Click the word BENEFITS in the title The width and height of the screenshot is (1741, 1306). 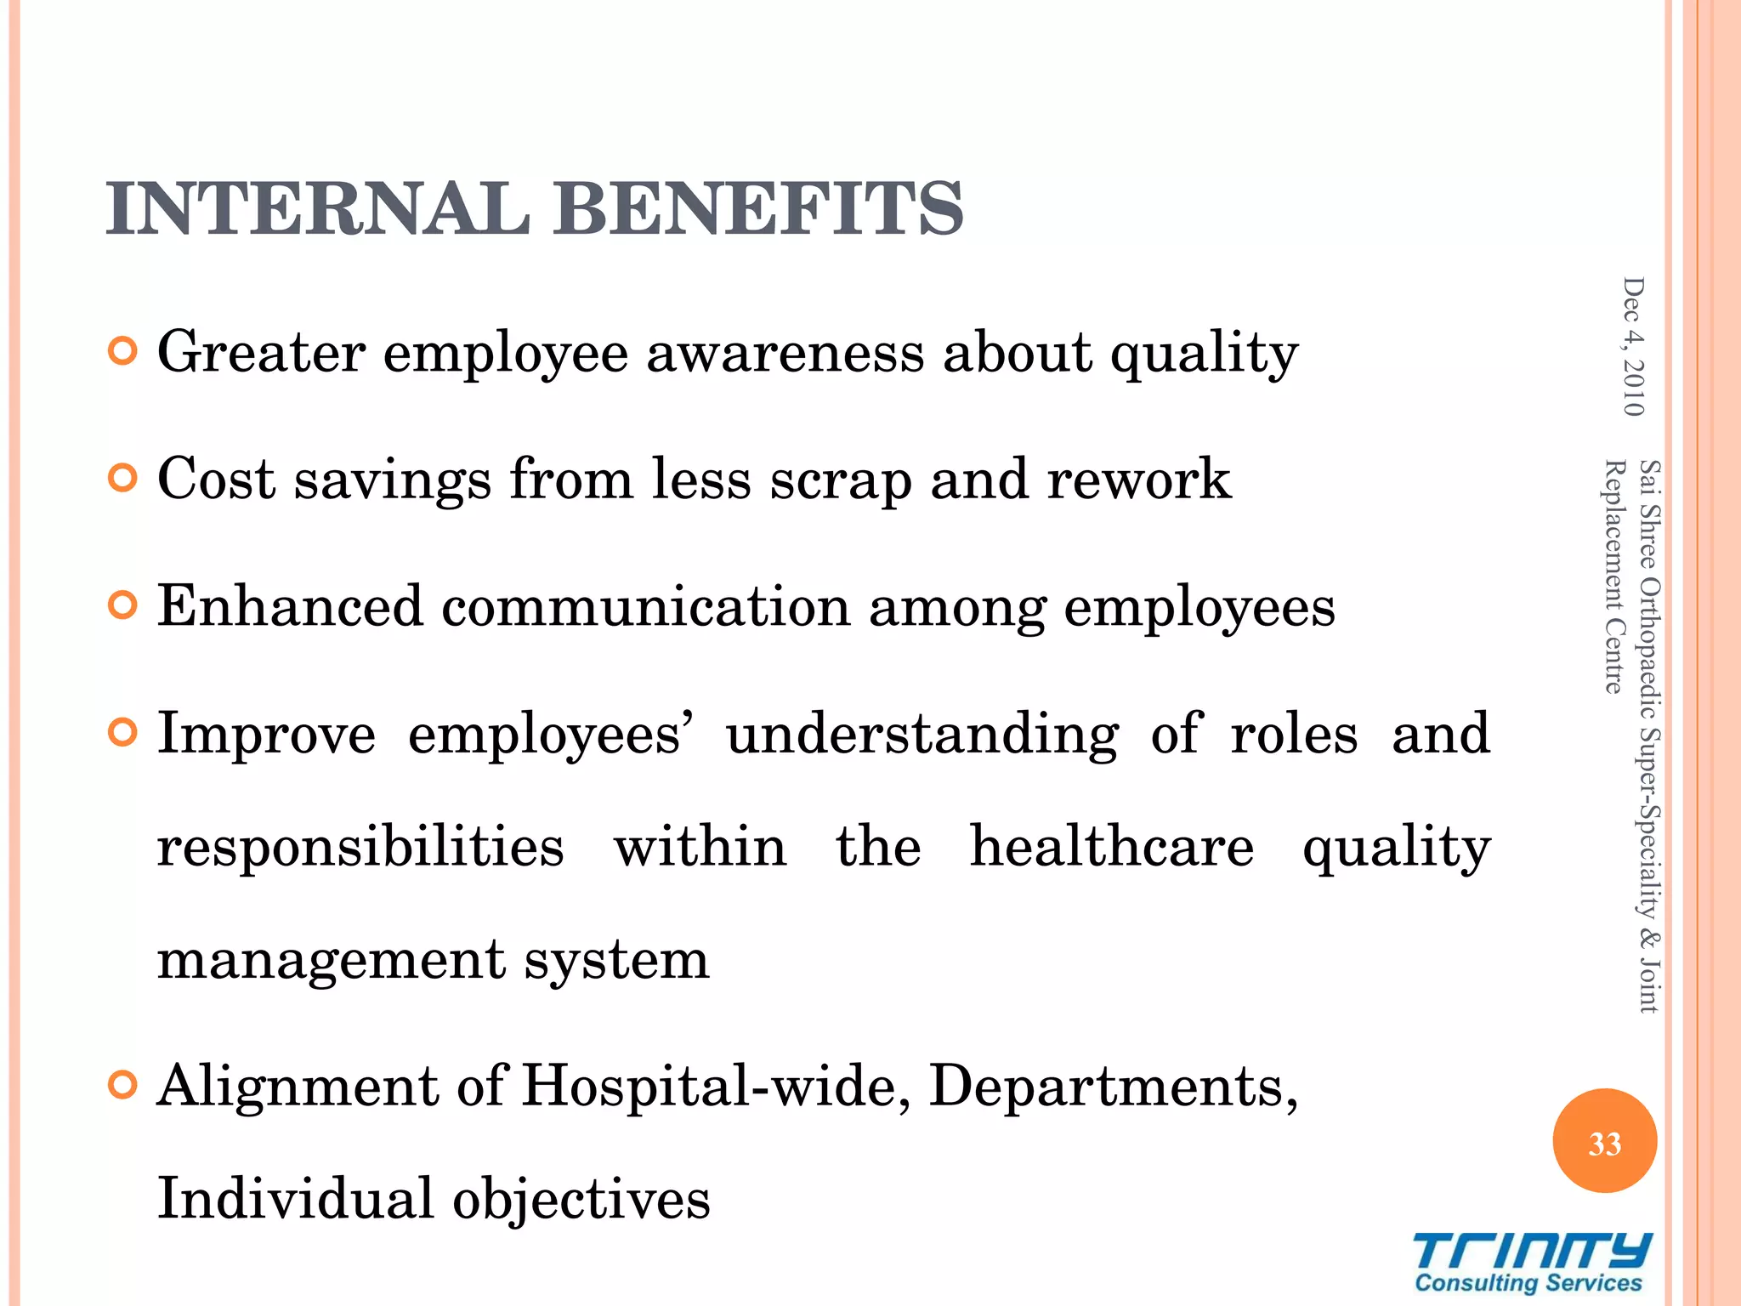pyautogui.click(x=758, y=209)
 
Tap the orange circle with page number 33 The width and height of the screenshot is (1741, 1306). pyautogui.click(x=1604, y=1142)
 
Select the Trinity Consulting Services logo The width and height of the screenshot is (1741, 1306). pyautogui.click(x=1529, y=1263)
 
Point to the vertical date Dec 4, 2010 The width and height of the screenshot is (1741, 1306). pyautogui.click(x=1633, y=347)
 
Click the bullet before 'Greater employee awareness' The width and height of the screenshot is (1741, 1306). pyautogui.click(x=123, y=351)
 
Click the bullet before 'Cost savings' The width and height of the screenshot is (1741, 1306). pyautogui.click(x=123, y=479)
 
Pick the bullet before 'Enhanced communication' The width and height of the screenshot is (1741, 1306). pyautogui.click(x=123, y=606)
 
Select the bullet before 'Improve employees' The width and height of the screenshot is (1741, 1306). pyautogui.click(x=123, y=733)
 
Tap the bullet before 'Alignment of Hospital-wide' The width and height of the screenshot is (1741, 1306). pyautogui.click(x=123, y=1086)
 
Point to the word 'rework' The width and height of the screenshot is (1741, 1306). pyautogui.click(x=1138, y=480)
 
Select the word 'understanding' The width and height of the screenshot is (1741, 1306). pyautogui.click(x=922, y=735)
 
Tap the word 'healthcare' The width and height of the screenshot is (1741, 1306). pyautogui.click(x=1111, y=847)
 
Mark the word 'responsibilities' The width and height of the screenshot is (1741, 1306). pyautogui.click(x=360, y=849)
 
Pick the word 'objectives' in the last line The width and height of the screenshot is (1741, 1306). pyautogui.click(x=581, y=1200)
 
